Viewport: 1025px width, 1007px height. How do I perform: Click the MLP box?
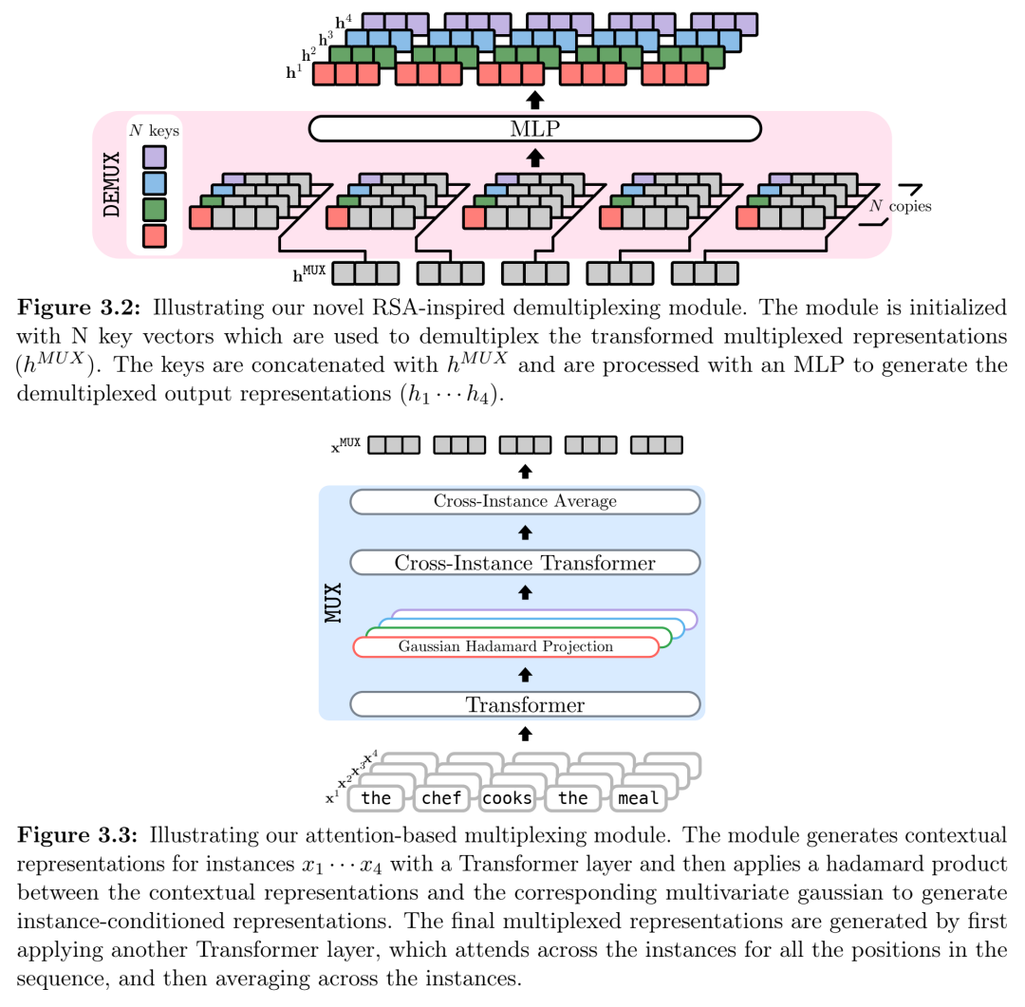[x=534, y=129]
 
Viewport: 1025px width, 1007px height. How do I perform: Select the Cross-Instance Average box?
[x=525, y=501]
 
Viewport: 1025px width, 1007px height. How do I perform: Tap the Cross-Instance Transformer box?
[x=525, y=563]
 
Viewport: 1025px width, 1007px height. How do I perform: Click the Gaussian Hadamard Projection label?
[x=505, y=646]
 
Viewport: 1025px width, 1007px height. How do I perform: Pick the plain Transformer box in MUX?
[x=525, y=704]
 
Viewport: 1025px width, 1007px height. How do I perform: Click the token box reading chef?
[x=441, y=798]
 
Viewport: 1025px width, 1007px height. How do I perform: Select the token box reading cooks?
[x=507, y=798]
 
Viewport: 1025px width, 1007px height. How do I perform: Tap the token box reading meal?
[x=638, y=798]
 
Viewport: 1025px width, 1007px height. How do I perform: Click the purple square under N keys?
[x=155, y=157]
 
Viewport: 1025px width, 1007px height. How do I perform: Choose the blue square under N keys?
[x=155, y=183]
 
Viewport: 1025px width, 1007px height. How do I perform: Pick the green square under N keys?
[x=155, y=209]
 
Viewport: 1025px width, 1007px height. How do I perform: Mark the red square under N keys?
[x=155, y=235]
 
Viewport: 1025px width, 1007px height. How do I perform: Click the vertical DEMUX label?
[x=112, y=184]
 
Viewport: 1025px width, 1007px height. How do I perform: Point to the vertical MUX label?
[x=333, y=603]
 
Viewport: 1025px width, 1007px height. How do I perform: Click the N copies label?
[x=900, y=206]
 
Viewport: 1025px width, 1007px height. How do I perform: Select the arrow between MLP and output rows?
[x=534, y=100]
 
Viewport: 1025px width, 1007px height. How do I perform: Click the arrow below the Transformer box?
[x=525, y=734]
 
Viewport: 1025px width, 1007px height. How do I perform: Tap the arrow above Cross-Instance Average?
[x=525, y=472]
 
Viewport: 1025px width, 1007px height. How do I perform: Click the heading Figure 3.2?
[x=79, y=308]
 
